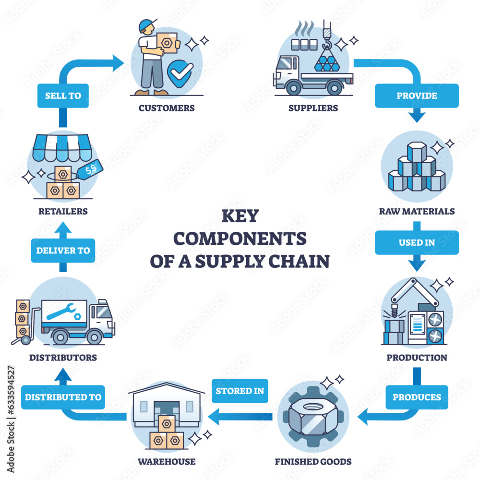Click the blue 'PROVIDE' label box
pyautogui.click(x=417, y=96)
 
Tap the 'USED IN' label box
pyautogui.click(x=417, y=242)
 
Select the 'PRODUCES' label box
pyautogui.click(x=417, y=397)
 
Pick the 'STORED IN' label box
pyautogui.click(x=240, y=391)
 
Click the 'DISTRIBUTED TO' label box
pyautogui.click(x=63, y=397)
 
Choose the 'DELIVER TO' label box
pyautogui.click(x=63, y=250)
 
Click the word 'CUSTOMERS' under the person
pyautogui.click(x=167, y=108)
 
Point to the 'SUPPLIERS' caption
pyautogui.click(x=313, y=108)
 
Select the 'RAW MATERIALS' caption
pyautogui.click(x=417, y=211)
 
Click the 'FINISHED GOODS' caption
pyautogui.click(x=313, y=462)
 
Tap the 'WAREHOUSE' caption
pyautogui.click(x=167, y=462)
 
